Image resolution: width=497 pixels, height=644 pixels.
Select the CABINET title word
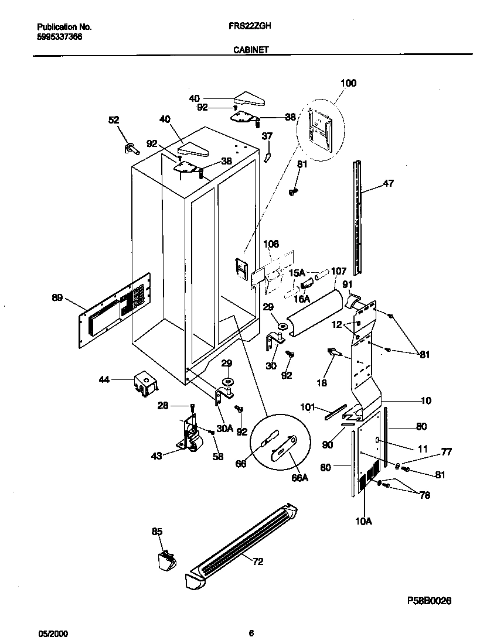251,50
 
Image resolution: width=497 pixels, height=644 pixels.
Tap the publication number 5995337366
60,37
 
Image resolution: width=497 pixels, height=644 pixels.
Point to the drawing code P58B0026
429,601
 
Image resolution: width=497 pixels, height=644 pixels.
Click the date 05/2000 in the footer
53,633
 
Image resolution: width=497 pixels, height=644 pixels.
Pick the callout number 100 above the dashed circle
348,83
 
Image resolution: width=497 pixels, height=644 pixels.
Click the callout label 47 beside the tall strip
389,183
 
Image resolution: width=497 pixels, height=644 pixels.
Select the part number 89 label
57,297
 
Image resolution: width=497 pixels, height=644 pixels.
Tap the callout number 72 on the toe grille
258,561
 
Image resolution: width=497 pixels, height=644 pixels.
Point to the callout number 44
104,380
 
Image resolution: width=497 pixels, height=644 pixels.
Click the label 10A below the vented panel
363,521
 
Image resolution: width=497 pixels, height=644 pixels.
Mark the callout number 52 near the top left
114,120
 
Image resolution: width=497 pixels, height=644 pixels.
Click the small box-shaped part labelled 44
145,385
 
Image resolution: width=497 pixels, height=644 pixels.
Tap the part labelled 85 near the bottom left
166,560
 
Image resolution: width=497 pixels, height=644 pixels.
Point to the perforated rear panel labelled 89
115,310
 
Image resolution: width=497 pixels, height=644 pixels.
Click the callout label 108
271,244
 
